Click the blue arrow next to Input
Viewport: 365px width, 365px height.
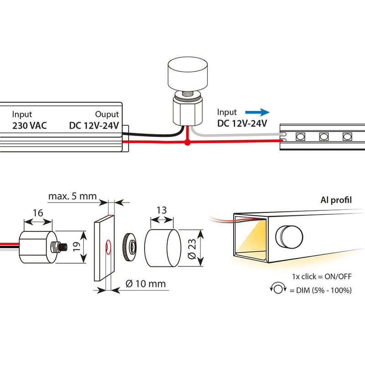click(x=257, y=112)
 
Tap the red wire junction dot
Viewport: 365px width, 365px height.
click(x=188, y=142)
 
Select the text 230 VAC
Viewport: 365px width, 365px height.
click(x=30, y=126)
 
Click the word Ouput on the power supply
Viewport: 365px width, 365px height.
click(x=107, y=115)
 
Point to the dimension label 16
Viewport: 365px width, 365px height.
click(x=38, y=213)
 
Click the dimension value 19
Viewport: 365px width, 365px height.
click(x=77, y=247)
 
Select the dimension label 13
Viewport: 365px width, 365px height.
click(x=162, y=210)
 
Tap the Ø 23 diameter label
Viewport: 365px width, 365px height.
click(x=192, y=249)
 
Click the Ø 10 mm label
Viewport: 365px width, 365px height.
click(x=146, y=284)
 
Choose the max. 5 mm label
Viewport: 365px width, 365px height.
click(x=73, y=196)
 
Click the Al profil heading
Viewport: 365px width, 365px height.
click(x=336, y=200)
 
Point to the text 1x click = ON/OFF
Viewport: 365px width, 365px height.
click(x=322, y=276)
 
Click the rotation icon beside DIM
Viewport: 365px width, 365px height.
click(x=278, y=288)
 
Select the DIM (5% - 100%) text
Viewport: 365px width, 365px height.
click(x=324, y=290)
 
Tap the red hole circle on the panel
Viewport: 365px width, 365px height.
click(x=108, y=247)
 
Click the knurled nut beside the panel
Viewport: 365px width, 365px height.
click(x=129, y=247)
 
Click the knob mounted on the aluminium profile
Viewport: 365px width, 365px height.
click(x=289, y=236)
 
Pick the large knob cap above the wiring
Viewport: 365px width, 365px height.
click(x=188, y=74)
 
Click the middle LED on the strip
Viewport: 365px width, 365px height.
click(x=324, y=136)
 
